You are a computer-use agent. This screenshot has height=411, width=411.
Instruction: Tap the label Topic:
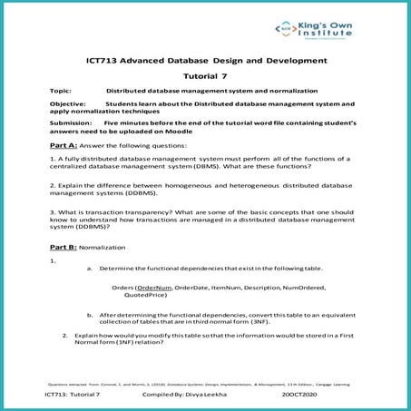[x=62, y=93]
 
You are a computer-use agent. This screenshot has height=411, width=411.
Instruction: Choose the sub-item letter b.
[x=89, y=313]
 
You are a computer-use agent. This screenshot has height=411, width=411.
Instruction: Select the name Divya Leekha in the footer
[x=191, y=396]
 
